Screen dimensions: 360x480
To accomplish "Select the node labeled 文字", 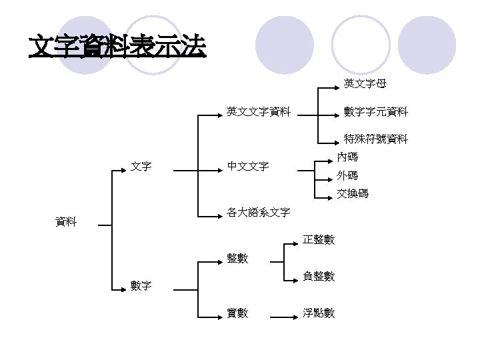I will click(x=141, y=166).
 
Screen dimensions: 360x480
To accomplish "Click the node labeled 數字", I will click(x=141, y=287).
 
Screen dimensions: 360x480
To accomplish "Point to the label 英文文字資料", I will click(x=258, y=112).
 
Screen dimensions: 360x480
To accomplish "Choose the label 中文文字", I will click(x=247, y=166).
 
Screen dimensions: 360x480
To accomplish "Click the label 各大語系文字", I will click(x=258, y=213).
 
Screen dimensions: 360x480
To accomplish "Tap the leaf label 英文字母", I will click(x=365, y=84).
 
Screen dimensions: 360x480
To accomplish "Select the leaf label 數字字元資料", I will click(x=376, y=112).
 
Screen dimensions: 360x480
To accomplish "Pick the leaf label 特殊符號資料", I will click(x=376, y=139).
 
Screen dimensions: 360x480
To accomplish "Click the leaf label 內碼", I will click(x=347, y=157).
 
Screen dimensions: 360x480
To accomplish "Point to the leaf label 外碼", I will click(x=347, y=176).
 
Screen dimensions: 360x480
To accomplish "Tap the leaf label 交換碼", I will click(x=353, y=194).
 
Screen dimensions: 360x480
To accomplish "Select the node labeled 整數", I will click(x=237, y=258).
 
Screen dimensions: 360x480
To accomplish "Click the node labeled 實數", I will click(x=237, y=313).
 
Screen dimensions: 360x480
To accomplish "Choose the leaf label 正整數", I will click(x=319, y=239).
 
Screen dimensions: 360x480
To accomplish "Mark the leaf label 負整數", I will click(x=319, y=276).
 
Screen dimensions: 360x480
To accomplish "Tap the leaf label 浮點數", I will click(x=319, y=313).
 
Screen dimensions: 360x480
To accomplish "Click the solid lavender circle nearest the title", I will click(x=285, y=45).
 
